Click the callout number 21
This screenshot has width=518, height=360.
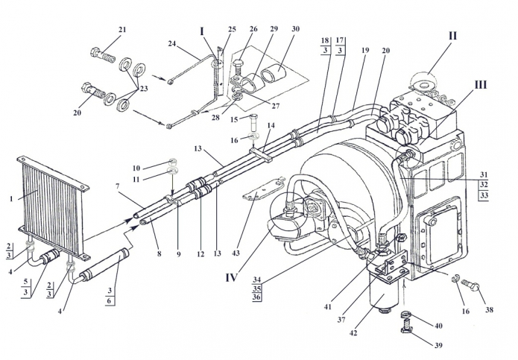coord(122,29)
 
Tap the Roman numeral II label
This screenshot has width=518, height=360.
coord(452,35)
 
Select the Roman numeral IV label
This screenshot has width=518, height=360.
coord(232,278)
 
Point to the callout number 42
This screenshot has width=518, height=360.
coord(353,333)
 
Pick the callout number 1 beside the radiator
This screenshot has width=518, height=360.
coord(11,199)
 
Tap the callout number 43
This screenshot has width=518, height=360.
coord(236,253)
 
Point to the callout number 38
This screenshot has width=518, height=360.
coord(489,309)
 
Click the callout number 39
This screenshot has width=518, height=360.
coord(438,345)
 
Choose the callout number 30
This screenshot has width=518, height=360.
coord(295,29)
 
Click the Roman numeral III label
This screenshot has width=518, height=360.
coord(480,85)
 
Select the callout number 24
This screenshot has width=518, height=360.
coord(172,43)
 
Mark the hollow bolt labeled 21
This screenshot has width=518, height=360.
coord(102,55)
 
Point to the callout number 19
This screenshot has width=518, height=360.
coord(365,50)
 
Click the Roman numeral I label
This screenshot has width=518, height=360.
coord(202,31)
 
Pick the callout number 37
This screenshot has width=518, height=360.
coord(341,319)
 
